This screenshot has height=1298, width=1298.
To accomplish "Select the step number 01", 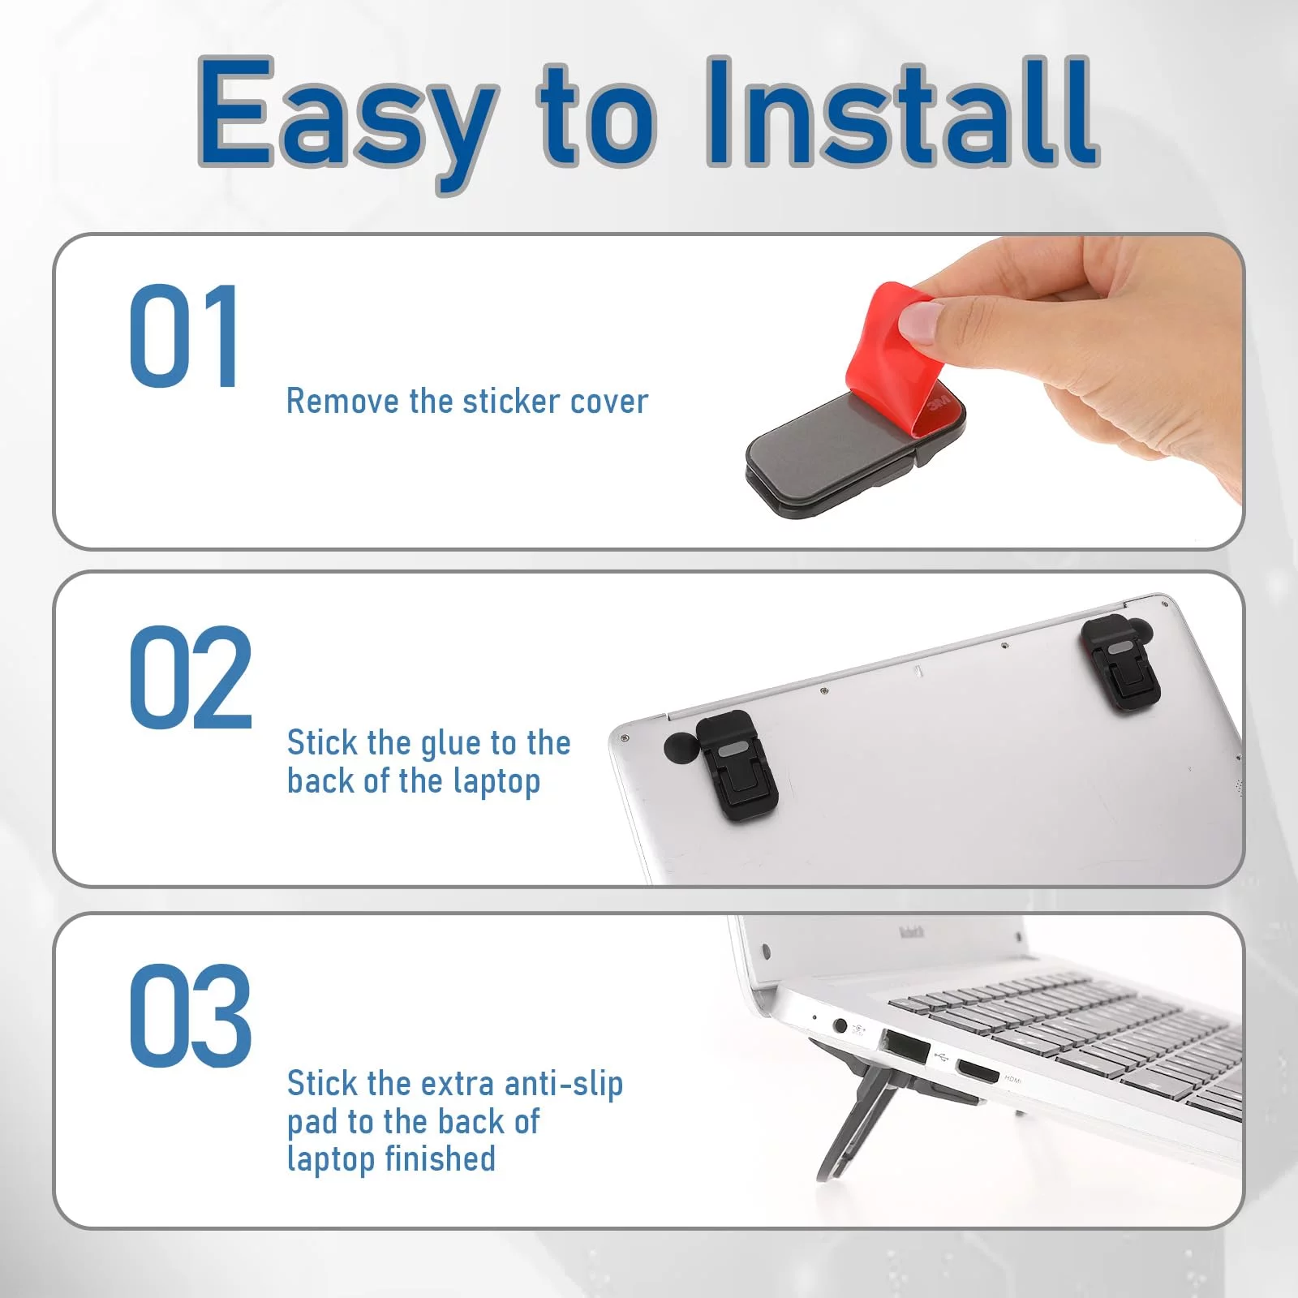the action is (x=184, y=336).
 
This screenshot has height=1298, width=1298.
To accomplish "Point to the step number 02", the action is (x=191, y=677).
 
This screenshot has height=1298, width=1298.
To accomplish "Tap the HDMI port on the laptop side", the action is (x=978, y=1072).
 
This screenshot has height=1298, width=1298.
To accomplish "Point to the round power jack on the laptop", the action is (x=840, y=1027).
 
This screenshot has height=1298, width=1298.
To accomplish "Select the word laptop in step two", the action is (x=496, y=783).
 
